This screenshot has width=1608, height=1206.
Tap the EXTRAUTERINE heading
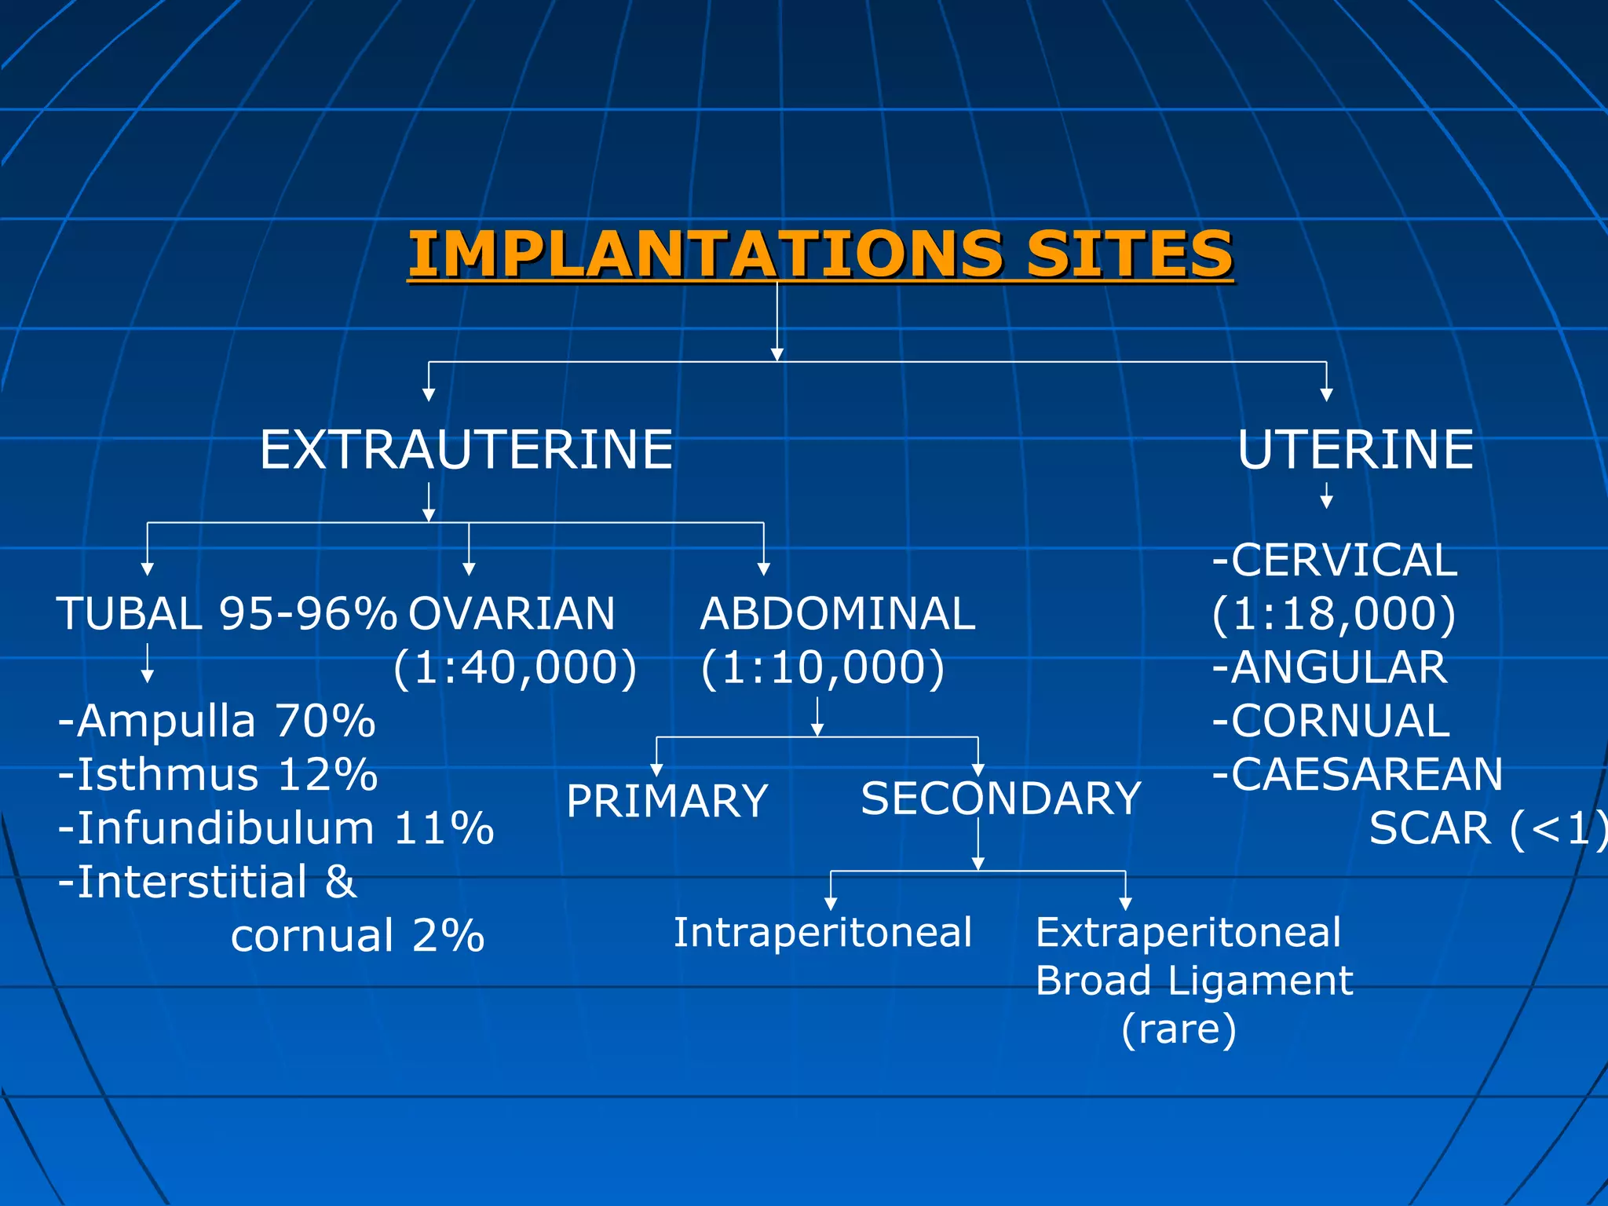point(466,450)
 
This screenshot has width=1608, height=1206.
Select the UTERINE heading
point(1355,450)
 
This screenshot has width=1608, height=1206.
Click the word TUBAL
point(130,613)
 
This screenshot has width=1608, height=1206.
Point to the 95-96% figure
point(308,613)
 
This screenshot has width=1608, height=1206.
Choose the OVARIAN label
point(512,613)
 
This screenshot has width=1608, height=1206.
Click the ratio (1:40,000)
point(515,667)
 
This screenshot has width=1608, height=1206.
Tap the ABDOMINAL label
point(837,613)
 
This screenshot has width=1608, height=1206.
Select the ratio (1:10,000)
point(822,667)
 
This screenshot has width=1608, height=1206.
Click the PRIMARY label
point(667,801)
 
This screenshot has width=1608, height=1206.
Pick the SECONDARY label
point(1000,799)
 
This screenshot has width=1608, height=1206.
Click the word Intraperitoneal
point(822,933)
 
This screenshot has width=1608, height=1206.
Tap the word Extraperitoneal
point(1188,933)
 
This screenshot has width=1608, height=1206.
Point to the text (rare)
point(1179,1029)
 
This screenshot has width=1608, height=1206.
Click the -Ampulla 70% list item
point(217,721)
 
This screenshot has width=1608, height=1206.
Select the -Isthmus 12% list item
point(217,774)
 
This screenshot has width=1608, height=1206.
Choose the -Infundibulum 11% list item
point(276,828)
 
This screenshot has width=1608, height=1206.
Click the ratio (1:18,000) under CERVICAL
point(1334,613)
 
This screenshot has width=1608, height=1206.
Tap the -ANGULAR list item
point(1329,667)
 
